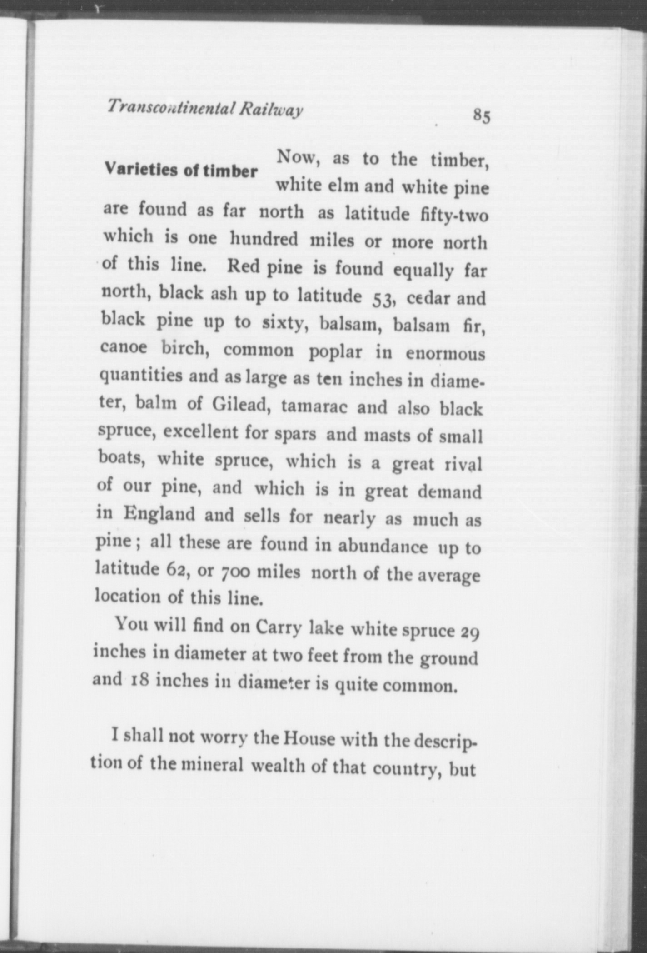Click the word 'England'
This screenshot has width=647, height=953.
point(159,514)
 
